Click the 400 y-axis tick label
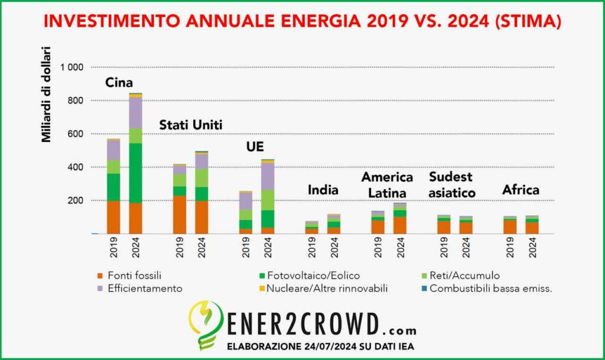pyautogui.click(x=77, y=167)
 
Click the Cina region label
pyautogui.click(x=119, y=83)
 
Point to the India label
pyautogui.click(x=323, y=190)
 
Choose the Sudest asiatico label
pyautogui.click(x=452, y=184)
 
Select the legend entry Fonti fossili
pyautogui.click(x=131, y=275)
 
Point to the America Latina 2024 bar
pyautogui.click(x=400, y=218)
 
